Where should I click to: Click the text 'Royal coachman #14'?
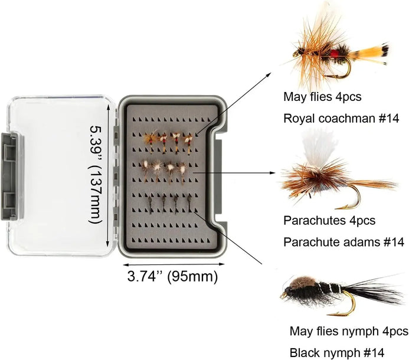coord(341,118)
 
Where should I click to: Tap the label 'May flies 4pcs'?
coord(322,96)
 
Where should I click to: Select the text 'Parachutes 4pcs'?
coord(329,221)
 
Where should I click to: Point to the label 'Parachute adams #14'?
coord(343,242)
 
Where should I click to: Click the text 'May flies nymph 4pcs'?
coord(349,331)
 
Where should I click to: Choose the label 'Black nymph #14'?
coord(333,352)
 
